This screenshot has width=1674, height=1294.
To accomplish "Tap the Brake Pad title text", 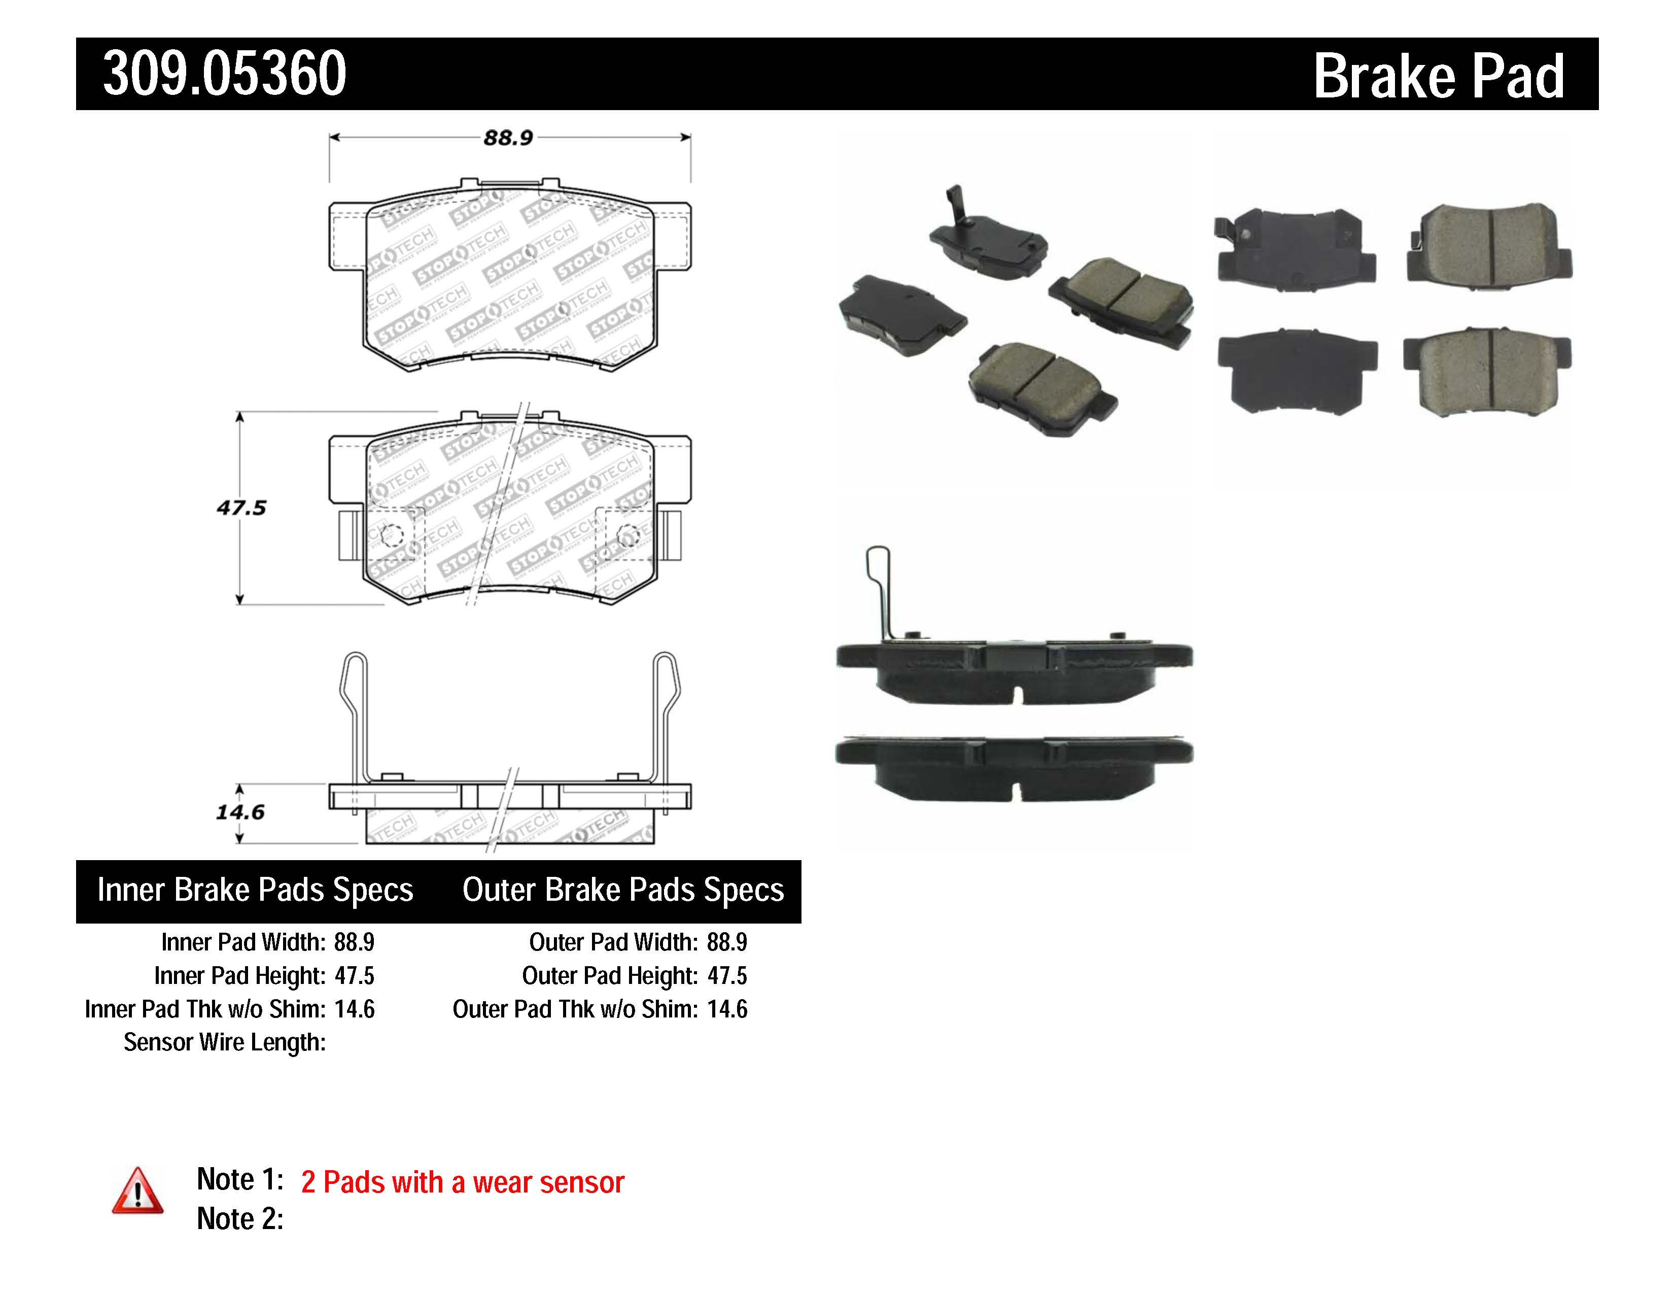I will click(1438, 77).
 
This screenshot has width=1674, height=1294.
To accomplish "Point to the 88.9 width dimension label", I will click(507, 138).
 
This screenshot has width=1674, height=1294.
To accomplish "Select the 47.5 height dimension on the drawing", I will click(240, 507).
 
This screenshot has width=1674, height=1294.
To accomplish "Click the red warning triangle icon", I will click(137, 1192).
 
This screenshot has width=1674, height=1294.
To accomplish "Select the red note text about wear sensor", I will click(462, 1182).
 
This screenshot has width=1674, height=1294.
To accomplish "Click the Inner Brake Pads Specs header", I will click(255, 890).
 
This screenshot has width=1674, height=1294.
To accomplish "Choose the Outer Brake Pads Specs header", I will click(622, 890).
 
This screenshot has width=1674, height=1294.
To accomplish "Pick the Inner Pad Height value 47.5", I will click(354, 976).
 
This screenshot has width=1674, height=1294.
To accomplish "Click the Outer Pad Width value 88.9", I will click(726, 942).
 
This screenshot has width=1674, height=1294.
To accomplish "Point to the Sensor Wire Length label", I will click(225, 1043).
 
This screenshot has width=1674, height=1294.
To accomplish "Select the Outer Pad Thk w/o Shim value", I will click(726, 1009).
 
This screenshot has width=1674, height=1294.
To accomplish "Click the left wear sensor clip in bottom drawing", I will click(354, 713).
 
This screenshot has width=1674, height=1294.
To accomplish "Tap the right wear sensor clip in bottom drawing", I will click(666, 713).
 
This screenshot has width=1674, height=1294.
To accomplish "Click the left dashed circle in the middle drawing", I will click(392, 534).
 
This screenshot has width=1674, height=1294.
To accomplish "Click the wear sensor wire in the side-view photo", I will click(879, 590).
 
